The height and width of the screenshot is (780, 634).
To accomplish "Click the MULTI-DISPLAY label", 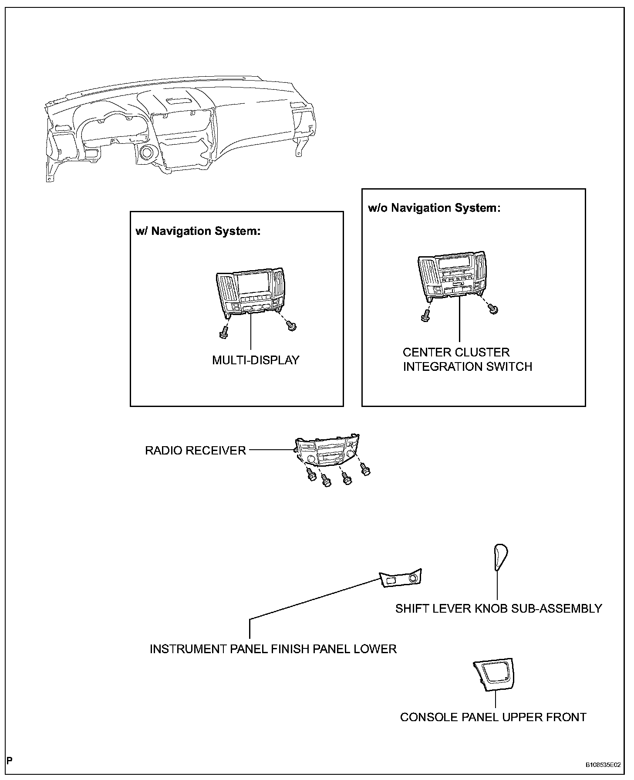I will pyautogui.click(x=256, y=360).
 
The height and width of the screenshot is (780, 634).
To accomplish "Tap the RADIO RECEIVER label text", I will pyautogui.click(x=196, y=451).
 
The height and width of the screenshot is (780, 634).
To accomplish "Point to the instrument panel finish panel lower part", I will pyautogui.click(x=401, y=579).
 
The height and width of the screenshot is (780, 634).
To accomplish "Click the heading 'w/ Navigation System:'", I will pyautogui.click(x=198, y=231).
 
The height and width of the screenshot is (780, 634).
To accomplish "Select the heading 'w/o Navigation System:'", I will pyautogui.click(x=434, y=208).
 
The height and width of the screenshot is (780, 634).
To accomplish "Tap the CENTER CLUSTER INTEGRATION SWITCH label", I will pyautogui.click(x=467, y=359).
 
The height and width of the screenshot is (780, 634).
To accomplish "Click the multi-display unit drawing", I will pyautogui.click(x=251, y=292).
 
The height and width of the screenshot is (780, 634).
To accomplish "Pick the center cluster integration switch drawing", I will pyautogui.click(x=452, y=275).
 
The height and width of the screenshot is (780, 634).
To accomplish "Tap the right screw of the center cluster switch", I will pyautogui.click(x=493, y=309).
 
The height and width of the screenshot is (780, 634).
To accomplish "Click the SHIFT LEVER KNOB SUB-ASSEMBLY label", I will pyautogui.click(x=499, y=609).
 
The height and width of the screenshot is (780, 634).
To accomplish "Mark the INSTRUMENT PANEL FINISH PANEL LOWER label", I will pyautogui.click(x=273, y=649).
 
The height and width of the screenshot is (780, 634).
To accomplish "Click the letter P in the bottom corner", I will pyautogui.click(x=10, y=761).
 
